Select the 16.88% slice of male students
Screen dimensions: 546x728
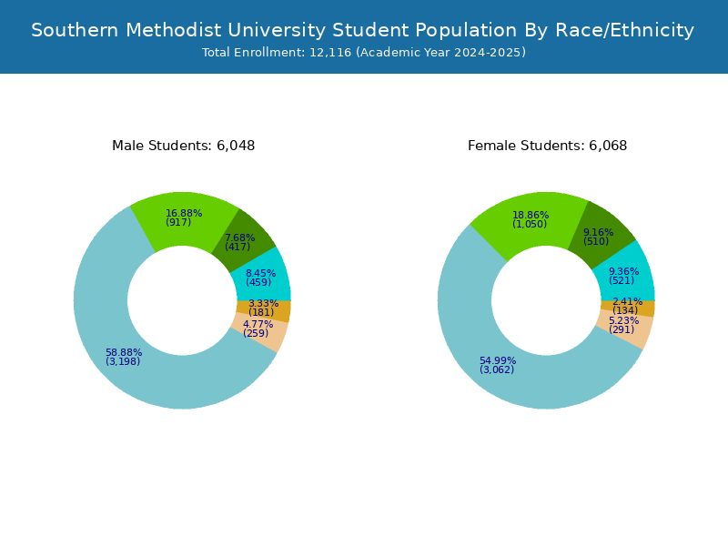[183, 218]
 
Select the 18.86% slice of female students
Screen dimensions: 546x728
[532, 218]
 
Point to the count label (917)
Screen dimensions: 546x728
[178, 223]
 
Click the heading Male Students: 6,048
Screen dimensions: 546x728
[183, 146]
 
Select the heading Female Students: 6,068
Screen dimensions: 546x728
[547, 146]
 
